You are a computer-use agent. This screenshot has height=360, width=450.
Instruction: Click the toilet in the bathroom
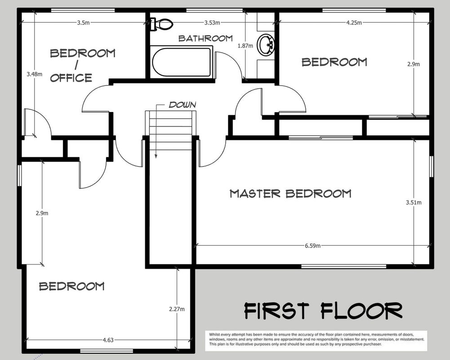tap(161, 24)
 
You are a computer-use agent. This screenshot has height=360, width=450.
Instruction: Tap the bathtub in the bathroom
tap(181, 62)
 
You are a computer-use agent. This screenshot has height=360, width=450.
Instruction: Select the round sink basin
tap(266, 45)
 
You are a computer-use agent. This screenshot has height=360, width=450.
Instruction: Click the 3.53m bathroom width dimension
tap(212, 22)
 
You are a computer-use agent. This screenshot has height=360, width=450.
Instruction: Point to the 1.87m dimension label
tap(245, 46)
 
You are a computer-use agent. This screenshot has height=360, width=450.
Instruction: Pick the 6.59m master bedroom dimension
tap(312, 246)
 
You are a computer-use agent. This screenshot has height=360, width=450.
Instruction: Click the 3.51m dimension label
tap(414, 202)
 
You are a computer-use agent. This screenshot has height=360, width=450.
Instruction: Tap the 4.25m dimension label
tap(354, 22)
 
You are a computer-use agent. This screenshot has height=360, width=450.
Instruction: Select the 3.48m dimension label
tap(35, 74)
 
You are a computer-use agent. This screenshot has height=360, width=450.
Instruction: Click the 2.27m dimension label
tap(177, 309)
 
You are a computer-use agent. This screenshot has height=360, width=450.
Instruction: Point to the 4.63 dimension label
tap(108, 340)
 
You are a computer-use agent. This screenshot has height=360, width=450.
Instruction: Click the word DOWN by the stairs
tap(183, 104)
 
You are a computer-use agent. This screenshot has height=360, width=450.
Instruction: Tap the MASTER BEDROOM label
tap(290, 193)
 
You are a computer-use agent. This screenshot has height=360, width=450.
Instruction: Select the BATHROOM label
tap(205, 38)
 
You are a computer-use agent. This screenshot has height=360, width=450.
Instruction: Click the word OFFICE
tap(71, 77)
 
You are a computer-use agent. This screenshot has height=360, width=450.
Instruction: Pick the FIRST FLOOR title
tap(323, 311)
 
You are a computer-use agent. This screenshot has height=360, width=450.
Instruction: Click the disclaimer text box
tap(316, 341)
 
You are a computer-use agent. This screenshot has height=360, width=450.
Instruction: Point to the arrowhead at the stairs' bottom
tap(156, 156)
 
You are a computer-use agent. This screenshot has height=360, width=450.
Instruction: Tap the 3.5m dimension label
tap(83, 22)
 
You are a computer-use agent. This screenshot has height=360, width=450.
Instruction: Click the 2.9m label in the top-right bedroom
tap(413, 64)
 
